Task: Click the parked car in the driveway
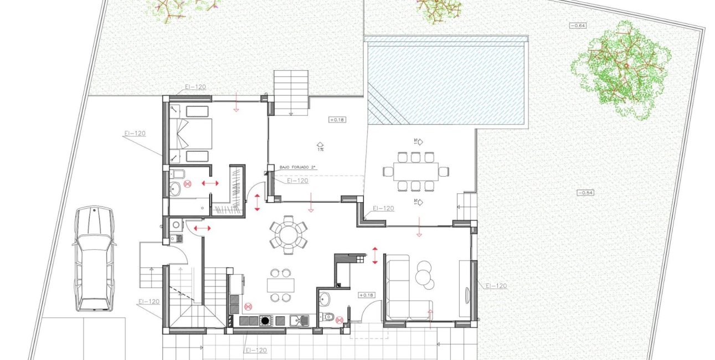click(95, 259)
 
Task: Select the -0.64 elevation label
click(578, 25)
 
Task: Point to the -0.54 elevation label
click(585, 193)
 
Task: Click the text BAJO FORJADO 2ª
click(297, 167)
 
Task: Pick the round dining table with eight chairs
click(289, 235)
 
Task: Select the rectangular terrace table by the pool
click(416, 172)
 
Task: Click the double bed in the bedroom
click(191, 133)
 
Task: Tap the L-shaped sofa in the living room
click(409, 287)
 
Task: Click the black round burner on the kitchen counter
click(265, 321)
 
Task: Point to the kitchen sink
click(299, 321)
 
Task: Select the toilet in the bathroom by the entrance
click(327, 317)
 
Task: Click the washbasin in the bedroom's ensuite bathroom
click(175, 188)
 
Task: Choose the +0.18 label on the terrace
click(337, 120)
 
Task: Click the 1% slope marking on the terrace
click(320, 147)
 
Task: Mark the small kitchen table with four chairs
click(281, 285)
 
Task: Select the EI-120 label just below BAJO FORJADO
click(297, 181)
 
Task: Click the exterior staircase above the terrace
click(291, 93)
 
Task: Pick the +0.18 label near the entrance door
click(367, 295)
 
